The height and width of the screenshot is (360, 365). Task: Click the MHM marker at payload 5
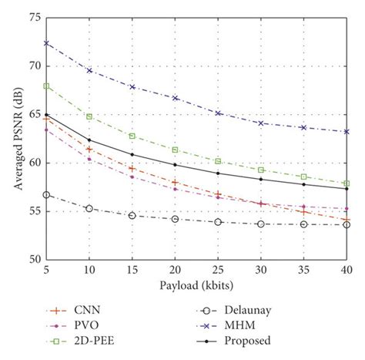tap(46, 43)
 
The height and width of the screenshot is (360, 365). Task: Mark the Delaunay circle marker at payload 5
tap(46, 195)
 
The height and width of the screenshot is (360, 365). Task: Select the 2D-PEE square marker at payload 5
tap(46, 86)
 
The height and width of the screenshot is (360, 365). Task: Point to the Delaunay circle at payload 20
tap(175, 219)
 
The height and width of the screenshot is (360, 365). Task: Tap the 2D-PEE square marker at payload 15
tap(132, 136)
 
